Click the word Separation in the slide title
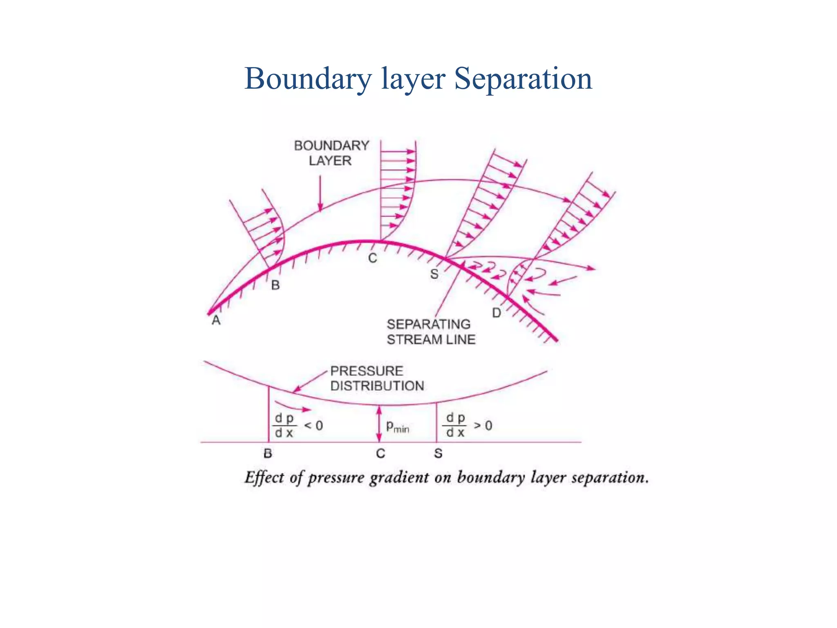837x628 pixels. point(523,78)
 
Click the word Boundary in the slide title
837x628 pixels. point(308,78)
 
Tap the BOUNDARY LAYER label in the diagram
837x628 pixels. point(331,153)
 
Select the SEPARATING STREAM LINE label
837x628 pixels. point(431,332)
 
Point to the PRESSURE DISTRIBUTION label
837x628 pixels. point(377,379)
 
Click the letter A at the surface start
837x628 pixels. point(216,321)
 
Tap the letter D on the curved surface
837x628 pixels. point(497,313)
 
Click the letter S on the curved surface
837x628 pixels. point(434,274)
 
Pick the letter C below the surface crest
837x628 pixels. point(372,258)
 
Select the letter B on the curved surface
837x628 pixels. point(275,285)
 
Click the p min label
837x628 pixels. point(398,427)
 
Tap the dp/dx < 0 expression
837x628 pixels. point(298,426)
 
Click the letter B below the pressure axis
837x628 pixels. point(268,453)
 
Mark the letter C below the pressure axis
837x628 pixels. point(380,453)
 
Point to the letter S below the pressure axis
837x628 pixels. point(438,453)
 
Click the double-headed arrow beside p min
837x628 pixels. point(379,424)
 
